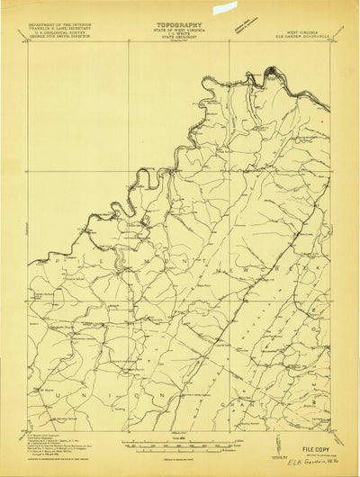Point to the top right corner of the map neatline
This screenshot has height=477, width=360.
click(x=330, y=41)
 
